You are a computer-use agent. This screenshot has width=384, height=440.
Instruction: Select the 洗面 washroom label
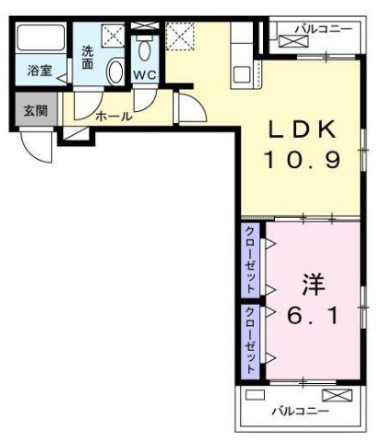pyautogui.click(x=87, y=59)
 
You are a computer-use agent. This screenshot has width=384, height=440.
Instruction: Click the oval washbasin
pyautogui.click(x=115, y=72)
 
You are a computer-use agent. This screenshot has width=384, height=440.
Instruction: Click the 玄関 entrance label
pyautogui.click(x=35, y=110)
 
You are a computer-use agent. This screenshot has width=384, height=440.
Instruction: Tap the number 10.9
pyautogui.click(x=302, y=161)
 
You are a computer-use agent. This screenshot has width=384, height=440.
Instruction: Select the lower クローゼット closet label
pyautogui.click(x=250, y=336)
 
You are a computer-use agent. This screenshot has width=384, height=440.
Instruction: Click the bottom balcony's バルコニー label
pyautogui.click(x=299, y=411)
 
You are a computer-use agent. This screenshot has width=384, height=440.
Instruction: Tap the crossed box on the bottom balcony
pyautogui.click(x=336, y=397)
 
